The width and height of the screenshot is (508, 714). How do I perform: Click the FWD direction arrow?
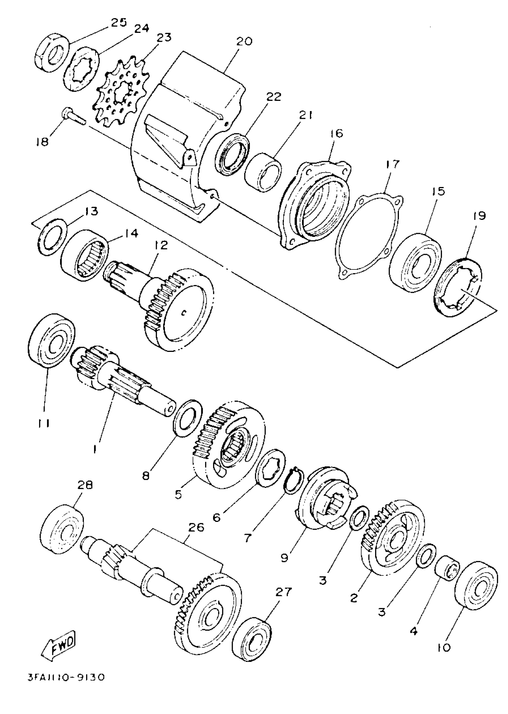[59, 641]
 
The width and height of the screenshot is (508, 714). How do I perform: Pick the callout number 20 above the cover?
[244, 41]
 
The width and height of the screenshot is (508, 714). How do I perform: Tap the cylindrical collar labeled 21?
[263, 172]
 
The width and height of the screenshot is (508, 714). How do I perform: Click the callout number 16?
[336, 133]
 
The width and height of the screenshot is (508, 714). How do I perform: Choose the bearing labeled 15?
[416, 262]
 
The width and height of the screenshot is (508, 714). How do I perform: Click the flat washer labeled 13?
[53, 238]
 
